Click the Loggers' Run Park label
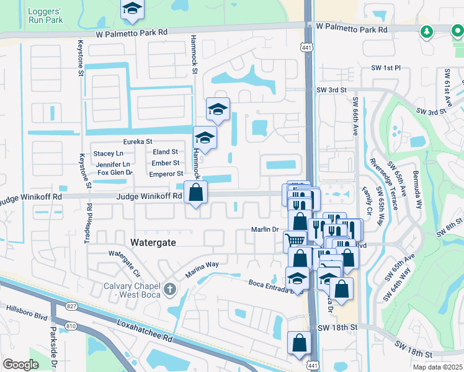pos(45,15)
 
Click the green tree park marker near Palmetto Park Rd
pos(427,32)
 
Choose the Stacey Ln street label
pos(108,153)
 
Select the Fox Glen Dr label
pos(115,173)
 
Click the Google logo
pos(20,365)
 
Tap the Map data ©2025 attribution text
pos(439,367)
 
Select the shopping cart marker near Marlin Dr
pos(294,240)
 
